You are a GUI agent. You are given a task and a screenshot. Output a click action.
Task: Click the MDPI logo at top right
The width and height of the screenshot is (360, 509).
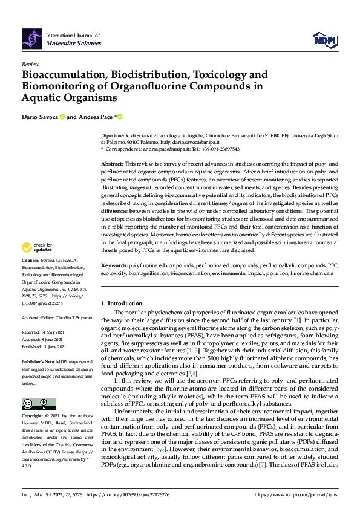[324, 40]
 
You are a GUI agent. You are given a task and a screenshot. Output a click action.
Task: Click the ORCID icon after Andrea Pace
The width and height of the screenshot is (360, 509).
[120, 117]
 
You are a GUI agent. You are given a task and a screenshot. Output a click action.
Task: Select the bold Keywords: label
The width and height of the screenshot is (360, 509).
[114, 265]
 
